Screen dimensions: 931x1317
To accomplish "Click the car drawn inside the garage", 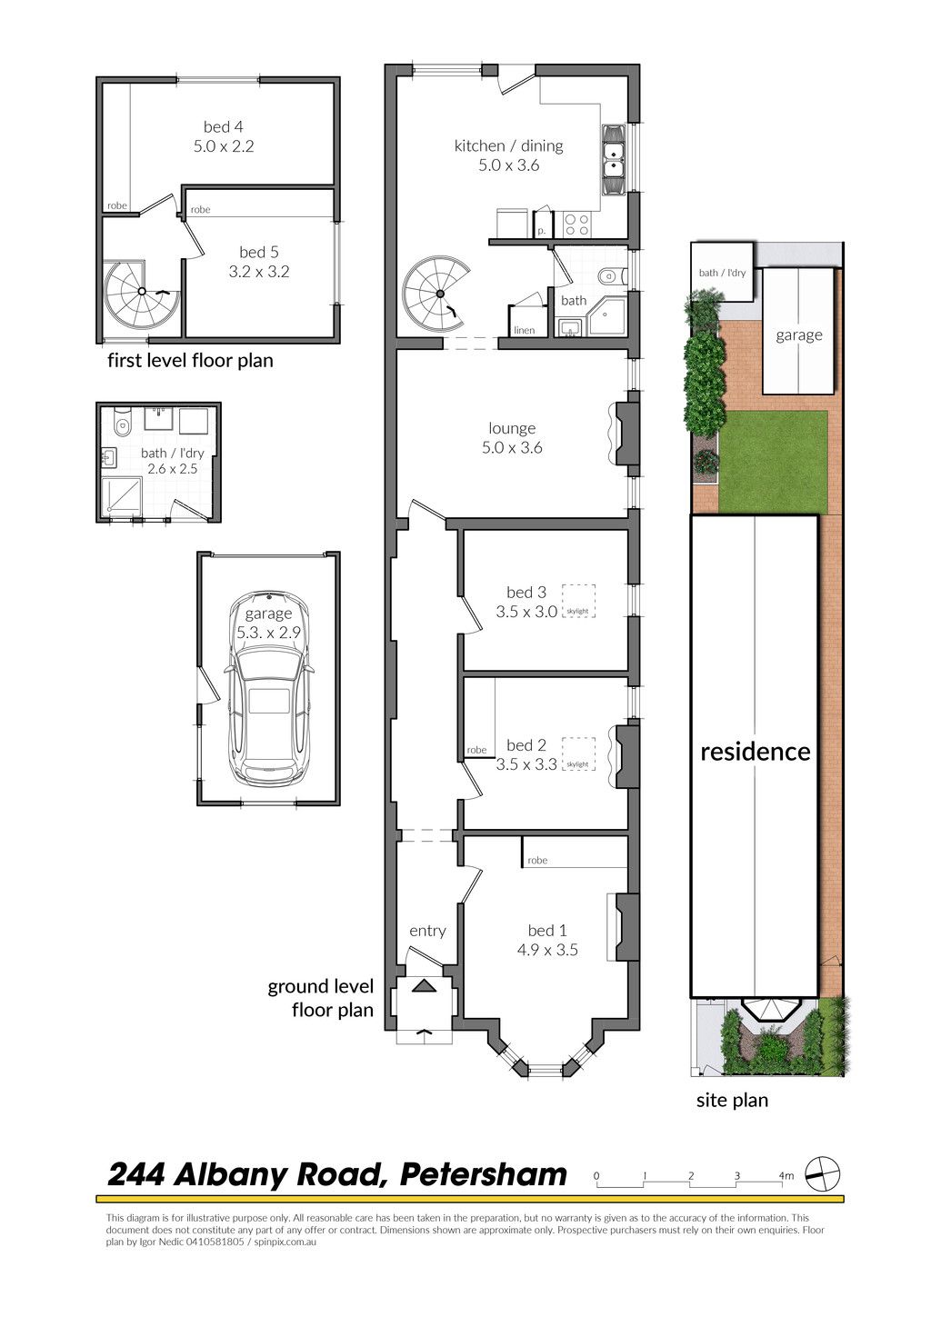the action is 268,688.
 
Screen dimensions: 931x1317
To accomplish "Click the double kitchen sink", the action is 614,159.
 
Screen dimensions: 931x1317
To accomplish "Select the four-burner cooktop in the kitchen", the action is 576,224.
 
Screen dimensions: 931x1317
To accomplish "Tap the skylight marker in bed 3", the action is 579,600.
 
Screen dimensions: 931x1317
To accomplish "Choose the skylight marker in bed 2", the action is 579,753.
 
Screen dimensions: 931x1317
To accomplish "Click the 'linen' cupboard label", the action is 524,330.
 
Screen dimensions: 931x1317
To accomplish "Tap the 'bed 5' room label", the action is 259,253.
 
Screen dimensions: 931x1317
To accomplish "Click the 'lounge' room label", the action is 512,428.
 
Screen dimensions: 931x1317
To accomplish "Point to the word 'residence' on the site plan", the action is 756,752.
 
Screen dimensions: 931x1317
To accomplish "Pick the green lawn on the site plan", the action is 772,462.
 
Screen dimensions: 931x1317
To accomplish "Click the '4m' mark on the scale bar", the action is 786,1175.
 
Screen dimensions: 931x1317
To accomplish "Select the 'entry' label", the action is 427,931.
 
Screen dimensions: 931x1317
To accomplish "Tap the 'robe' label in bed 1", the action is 537,860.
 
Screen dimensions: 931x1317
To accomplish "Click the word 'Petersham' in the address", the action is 484,1174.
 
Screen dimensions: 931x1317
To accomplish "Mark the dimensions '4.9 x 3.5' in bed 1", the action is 547,950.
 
